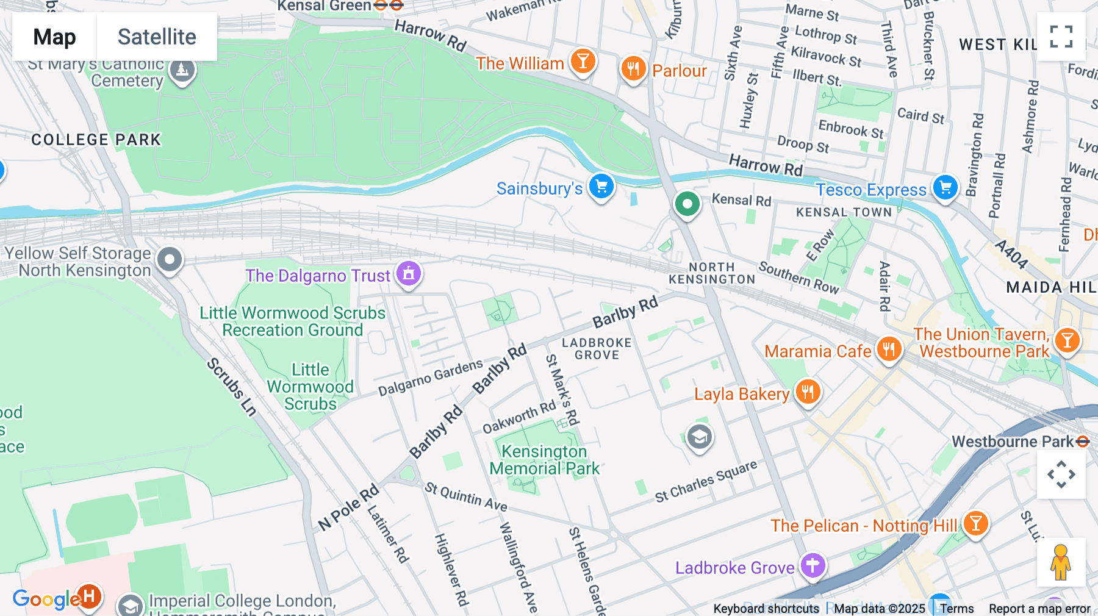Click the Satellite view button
coord(157,37)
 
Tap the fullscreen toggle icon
coord(1061,37)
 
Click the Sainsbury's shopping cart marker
coord(601,187)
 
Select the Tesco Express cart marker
coord(945,188)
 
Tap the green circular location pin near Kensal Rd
coord(687,204)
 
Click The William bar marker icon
coord(583,61)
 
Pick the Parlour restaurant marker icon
coord(633,68)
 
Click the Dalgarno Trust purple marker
coord(409,273)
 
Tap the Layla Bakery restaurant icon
coord(808,392)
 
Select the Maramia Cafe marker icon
coord(889,349)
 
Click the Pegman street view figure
coord(1060,562)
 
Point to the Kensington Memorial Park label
coord(544,460)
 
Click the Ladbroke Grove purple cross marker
coord(813,565)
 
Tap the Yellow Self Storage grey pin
coord(170,259)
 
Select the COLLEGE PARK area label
coord(96,140)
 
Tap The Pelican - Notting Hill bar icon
coord(975,523)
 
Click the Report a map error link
coord(1039,609)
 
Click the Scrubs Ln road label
coord(231,387)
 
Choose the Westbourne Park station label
coord(1012,442)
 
